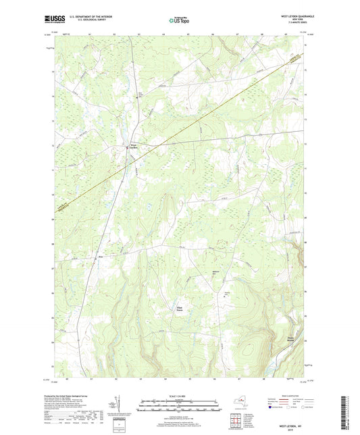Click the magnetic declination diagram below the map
click(120, 405)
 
